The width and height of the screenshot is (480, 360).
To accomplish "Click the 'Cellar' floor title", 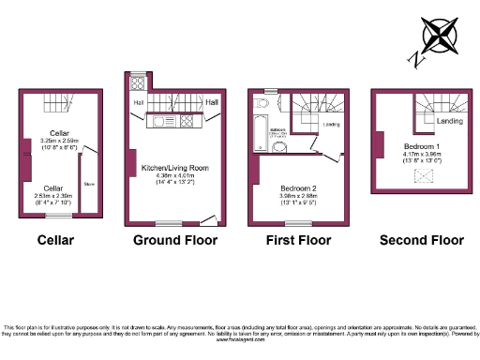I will coord(55,240).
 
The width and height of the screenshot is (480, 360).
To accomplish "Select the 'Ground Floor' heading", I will coord(174,240).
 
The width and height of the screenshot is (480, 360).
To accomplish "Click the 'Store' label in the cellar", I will coord(89,184).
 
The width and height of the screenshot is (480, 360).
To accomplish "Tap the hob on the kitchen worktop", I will coord(187,121).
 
